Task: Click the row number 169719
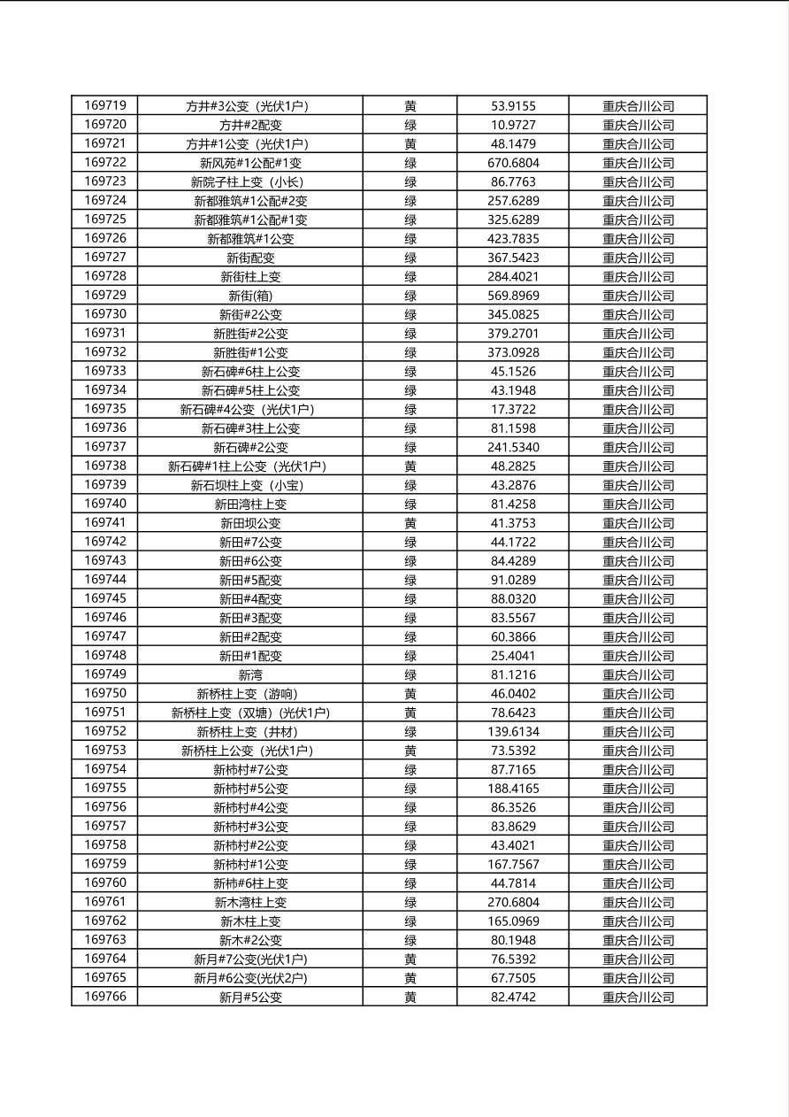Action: pos(105,105)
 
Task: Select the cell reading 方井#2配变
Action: pos(250,125)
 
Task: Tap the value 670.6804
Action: pos(513,163)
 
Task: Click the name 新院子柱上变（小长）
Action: pos(250,181)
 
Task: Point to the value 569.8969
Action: pos(513,296)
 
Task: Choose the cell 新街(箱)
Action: pos(250,296)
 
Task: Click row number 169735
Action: pos(105,409)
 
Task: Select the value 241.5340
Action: pos(513,447)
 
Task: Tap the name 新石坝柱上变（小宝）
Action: pos(250,485)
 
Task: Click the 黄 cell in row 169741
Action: pos(410,523)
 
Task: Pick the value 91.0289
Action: pos(513,580)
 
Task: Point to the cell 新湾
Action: pos(250,674)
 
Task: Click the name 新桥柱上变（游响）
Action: pos(250,694)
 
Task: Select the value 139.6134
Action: pos(513,731)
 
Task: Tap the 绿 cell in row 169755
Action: pos(410,789)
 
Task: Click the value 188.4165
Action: pos(513,789)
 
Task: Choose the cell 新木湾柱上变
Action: pos(250,902)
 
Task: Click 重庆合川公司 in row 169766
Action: pos(638,997)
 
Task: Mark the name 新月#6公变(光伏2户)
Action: pos(250,978)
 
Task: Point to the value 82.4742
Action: pos(513,997)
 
